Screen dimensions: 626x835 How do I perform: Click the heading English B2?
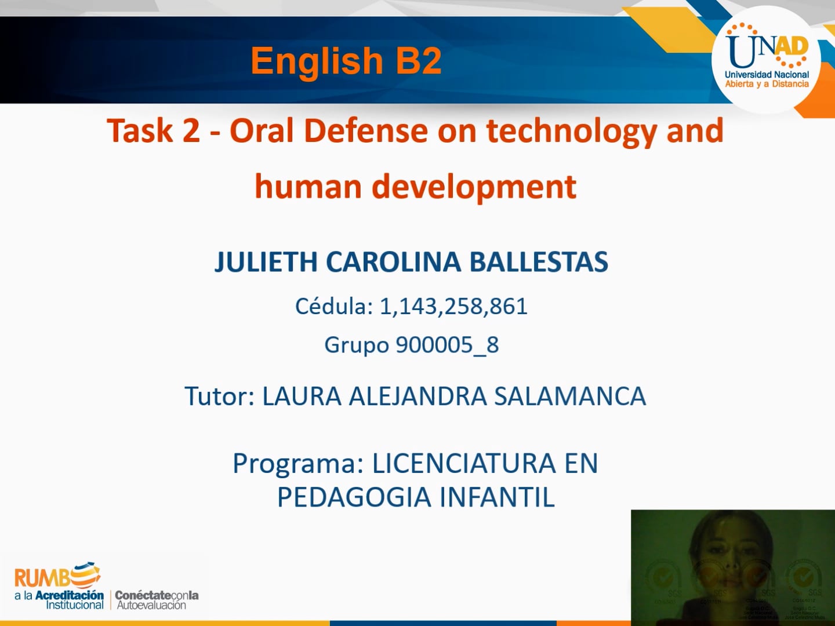coord(346,61)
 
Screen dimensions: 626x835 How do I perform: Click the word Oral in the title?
coord(262,131)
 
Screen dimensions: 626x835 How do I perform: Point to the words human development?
coord(415,187)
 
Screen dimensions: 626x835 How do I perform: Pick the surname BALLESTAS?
coord(539,262)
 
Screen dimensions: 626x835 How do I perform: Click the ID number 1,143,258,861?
coord(453,307)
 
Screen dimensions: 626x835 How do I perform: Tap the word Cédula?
coord(333,307)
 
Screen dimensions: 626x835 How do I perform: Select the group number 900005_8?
coord(447,345)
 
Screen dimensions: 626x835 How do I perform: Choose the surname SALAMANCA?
coord(569,396)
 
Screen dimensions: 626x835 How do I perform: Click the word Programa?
coord(298,464)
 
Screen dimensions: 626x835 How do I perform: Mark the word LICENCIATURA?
coord(464,464)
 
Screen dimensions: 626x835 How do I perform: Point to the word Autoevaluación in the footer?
coord(151,605)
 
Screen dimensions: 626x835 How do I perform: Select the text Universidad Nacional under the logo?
coord(767,75)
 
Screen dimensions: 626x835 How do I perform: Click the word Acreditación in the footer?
coord(69,595)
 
